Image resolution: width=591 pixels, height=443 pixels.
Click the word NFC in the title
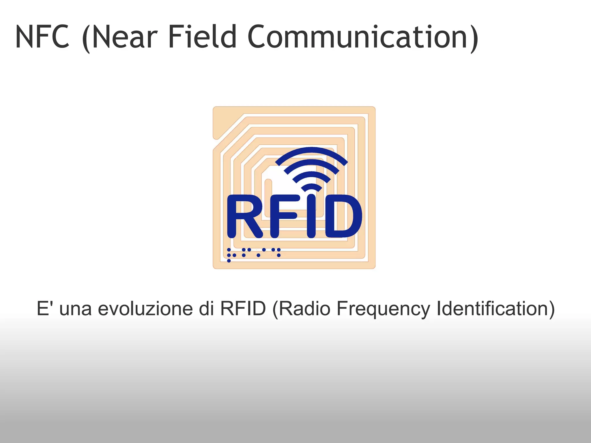42,37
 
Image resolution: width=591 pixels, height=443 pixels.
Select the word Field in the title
202,37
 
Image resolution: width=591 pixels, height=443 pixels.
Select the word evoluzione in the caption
145,309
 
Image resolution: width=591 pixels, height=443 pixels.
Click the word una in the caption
75,309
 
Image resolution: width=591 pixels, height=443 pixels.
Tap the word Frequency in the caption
383,309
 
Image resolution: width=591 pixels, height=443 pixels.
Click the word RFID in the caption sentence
243,309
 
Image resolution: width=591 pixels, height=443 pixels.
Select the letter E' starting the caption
44,309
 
